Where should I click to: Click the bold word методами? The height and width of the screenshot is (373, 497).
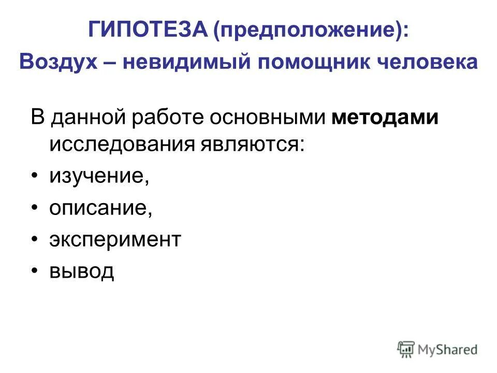(385, 118)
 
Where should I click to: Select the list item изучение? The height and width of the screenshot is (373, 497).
(99, 177)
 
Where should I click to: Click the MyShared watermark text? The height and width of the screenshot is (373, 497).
(448, 350)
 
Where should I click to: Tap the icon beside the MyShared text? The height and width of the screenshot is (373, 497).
(406, 349)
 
